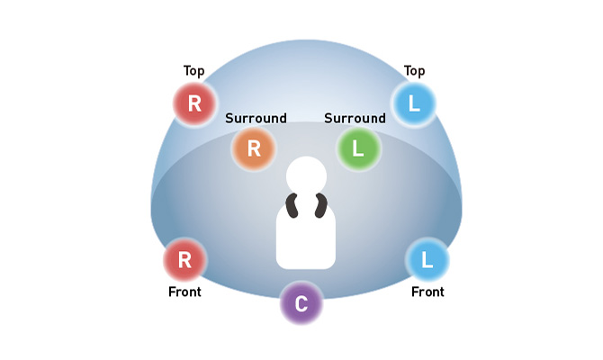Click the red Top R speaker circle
point(194,104)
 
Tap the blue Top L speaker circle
point(414,104)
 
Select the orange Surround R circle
point(254,149)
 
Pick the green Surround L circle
point(358,149)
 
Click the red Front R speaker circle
point(185,261)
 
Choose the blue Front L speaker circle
point(427,261)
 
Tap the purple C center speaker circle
point(301,304)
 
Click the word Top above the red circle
point(194,70)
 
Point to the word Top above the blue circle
point(414,70)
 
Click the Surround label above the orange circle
point(256,118)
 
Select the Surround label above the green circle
point(355,118)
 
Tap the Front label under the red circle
point(184,292)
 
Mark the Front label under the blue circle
point(427,292)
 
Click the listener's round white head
point(306,175)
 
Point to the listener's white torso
point(306,236)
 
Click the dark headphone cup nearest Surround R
point(292,206)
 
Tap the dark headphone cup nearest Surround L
point(320,206)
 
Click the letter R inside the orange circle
point(254,149)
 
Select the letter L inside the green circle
point(358,149)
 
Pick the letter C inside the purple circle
point(301,304)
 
